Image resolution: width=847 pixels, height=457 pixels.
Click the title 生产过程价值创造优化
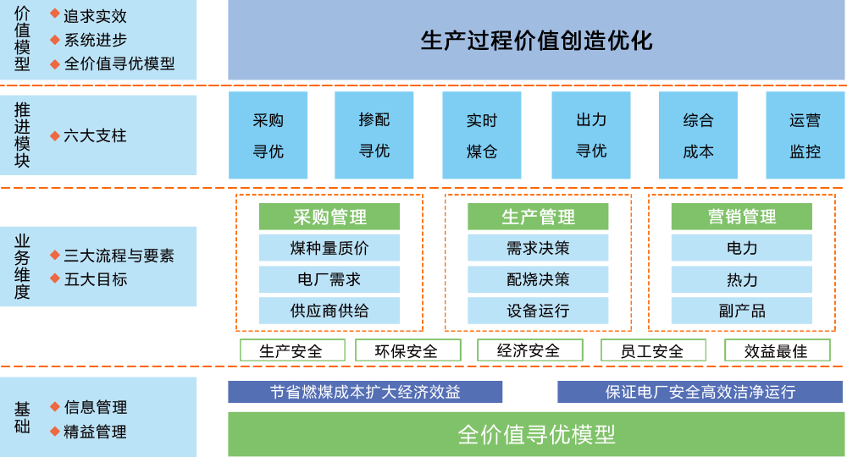[536, 41]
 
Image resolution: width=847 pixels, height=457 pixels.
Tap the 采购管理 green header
[329, 217]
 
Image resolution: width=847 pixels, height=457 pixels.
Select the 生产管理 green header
[538, 217]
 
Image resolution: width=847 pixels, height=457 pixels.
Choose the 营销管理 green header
[742, 217]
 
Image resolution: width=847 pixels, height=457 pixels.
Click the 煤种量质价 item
[329, 249]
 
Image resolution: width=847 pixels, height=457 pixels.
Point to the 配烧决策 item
[538, 279]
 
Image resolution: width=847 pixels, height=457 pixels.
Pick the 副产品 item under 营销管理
[742, 311]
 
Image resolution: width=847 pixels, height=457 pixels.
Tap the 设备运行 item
[538, 311]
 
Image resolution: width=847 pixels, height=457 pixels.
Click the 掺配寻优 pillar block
[374, 135]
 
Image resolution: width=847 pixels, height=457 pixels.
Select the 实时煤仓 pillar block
[482, 135]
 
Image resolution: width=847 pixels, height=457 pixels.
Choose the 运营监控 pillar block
[805, 135]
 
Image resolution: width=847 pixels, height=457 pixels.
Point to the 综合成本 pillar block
[698, 135]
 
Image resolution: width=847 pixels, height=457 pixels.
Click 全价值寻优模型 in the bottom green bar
[536, 435]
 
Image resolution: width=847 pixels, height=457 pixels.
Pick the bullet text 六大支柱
[95, 135]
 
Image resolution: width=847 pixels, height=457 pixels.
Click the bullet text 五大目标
[95, 279]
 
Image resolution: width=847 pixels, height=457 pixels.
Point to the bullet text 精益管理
[95, 432]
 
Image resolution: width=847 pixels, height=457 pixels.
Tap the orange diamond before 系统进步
[54, 39]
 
